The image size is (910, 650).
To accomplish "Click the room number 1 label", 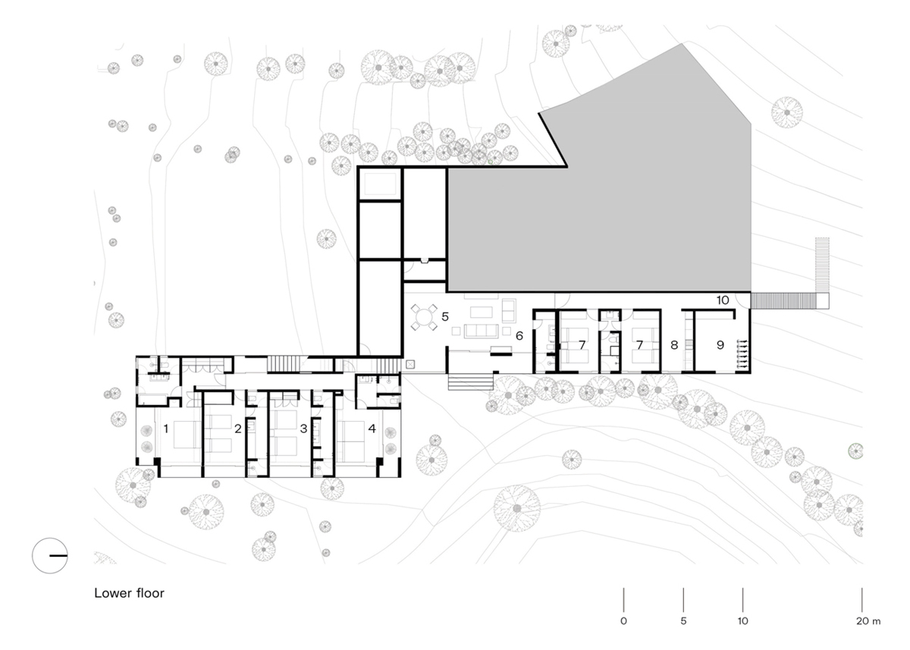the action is [x=166, y=429].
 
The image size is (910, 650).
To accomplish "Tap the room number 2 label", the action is [x=237, y=429].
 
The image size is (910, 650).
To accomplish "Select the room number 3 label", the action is [x=303, y=429].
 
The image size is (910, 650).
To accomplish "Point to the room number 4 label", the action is [x=372, y=429].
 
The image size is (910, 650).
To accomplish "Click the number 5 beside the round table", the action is [x=445, y=316].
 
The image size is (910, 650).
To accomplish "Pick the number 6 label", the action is [x=519, y=336].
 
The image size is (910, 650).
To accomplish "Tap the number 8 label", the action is [x=674, y=345].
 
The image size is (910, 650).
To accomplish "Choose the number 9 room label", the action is [x=720, y=345].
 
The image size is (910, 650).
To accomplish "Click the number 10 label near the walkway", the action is [x=722, y=300].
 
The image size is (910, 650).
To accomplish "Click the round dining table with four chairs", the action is [x=424, y=317].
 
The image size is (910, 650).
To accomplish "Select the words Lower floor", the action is [x=129, y=593].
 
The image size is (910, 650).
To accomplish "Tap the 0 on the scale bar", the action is [x=623, y=620].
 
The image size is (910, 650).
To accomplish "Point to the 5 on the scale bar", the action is [x=683, y=620].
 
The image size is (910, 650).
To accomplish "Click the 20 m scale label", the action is [x=868, y=620].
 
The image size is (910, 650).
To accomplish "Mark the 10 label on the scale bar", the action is [x=742, y=620].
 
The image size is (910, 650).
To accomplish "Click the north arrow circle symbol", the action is [x=50, y=555].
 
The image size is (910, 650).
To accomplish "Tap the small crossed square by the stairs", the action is [x=410, y=364].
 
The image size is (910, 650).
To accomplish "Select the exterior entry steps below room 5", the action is [x=470, y=382].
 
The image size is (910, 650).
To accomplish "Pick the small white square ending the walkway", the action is [x=822, y=301].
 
